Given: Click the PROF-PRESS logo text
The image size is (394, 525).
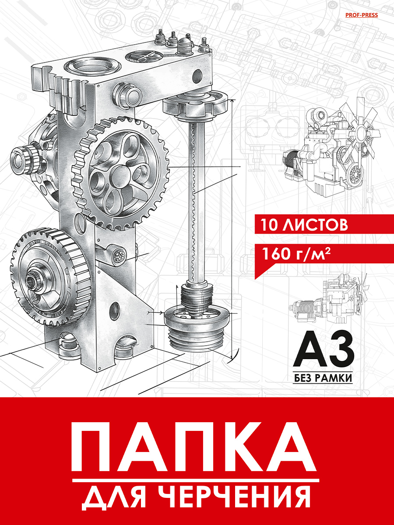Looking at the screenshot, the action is click(362, 15).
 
